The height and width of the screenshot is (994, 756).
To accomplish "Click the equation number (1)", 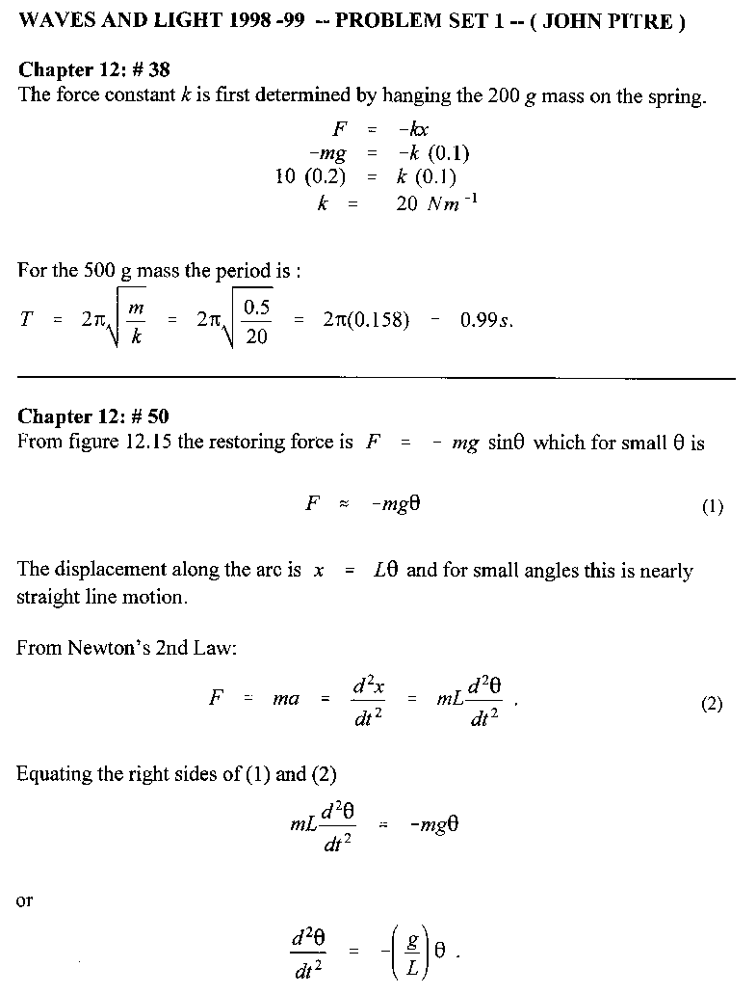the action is click(712, 507).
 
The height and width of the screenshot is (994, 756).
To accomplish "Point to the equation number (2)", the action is click(712, 703).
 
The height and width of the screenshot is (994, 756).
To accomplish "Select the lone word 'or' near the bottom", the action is click(25, 900).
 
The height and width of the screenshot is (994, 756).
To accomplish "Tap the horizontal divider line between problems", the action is click(376, 377).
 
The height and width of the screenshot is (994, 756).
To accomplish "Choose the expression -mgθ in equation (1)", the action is click(395, 506).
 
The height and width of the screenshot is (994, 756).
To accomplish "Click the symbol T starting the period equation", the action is click(26, 320).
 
